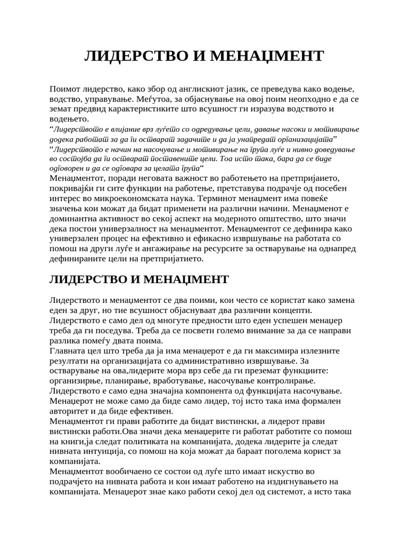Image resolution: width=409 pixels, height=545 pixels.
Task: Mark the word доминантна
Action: point(78,218)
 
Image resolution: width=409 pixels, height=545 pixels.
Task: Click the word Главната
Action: point(67,351)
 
